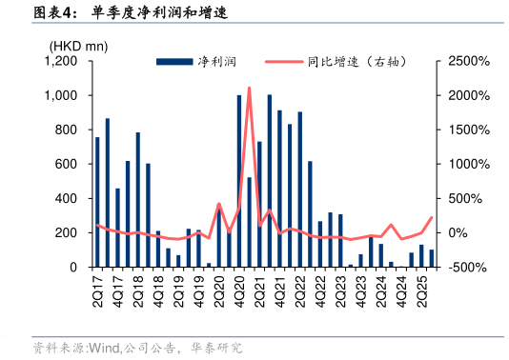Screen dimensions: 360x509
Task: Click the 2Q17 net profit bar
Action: point(97,202)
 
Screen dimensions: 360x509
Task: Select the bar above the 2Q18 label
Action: point(137,199)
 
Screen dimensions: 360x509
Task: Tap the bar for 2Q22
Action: point(299,190)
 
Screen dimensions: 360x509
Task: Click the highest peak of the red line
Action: point(249,89)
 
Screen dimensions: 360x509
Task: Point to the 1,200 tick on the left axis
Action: point(61,61)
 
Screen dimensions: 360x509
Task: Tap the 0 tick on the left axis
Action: point(73,268)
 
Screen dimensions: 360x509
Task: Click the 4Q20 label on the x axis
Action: point(239,290)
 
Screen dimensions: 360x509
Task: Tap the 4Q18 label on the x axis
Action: point(157,290)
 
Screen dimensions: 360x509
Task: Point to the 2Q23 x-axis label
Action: point(340,290)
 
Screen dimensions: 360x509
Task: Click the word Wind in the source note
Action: point(104,348)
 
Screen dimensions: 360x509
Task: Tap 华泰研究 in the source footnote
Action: point(216,348)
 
